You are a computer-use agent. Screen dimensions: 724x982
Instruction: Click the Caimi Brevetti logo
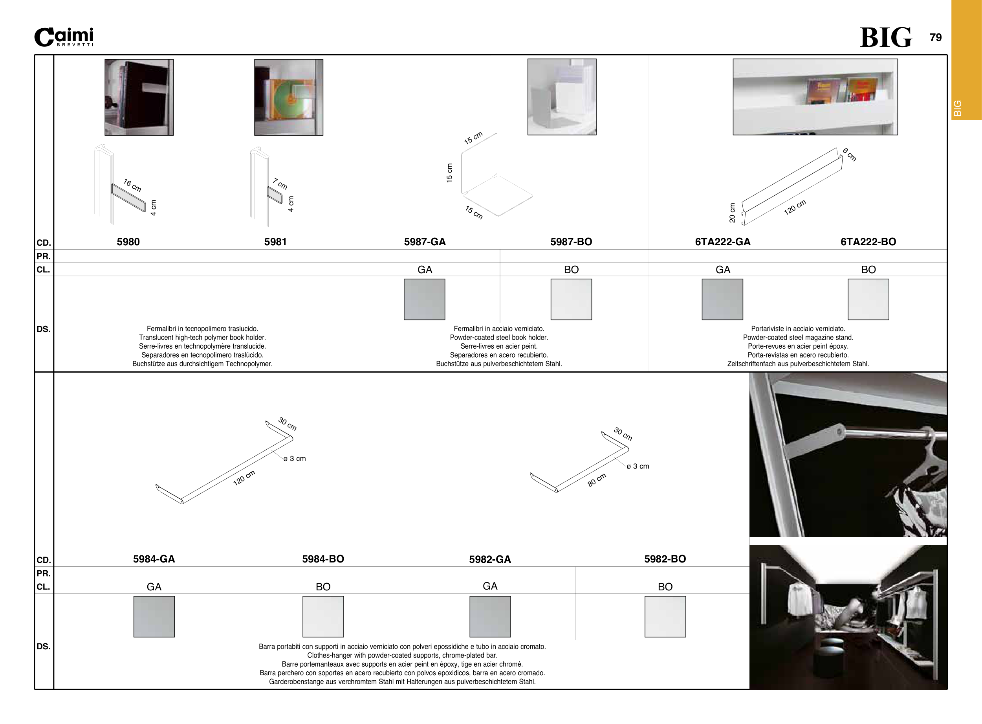(64, 37)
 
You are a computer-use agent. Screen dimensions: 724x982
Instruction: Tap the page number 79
(936, 38)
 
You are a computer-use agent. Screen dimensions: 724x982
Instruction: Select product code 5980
(128, 242)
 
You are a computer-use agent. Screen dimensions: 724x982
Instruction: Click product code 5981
(275, 242)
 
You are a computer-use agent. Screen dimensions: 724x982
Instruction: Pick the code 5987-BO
(571, 242)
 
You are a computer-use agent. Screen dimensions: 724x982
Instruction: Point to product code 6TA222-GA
(723, 242)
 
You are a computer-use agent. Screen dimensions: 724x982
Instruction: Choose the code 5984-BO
(323, 559)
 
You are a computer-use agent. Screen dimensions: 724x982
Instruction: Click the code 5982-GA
(490, 560)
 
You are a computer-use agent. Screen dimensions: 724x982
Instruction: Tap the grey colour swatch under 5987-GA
(425, 300)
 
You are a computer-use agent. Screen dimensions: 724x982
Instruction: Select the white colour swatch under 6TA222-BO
(868, 300)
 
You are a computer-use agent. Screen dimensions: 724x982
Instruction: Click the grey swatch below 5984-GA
(154, 617)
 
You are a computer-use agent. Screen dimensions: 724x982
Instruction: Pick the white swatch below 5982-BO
(665, 617)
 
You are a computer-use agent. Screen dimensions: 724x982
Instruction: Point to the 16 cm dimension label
(132, 186)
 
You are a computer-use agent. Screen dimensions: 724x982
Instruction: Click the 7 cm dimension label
(280, 183)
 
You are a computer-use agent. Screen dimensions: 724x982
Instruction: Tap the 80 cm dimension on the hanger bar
(597, 480)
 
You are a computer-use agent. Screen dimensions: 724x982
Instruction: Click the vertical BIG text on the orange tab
(958, 108)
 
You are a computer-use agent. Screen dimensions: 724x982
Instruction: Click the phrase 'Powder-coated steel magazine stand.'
(798, 338)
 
